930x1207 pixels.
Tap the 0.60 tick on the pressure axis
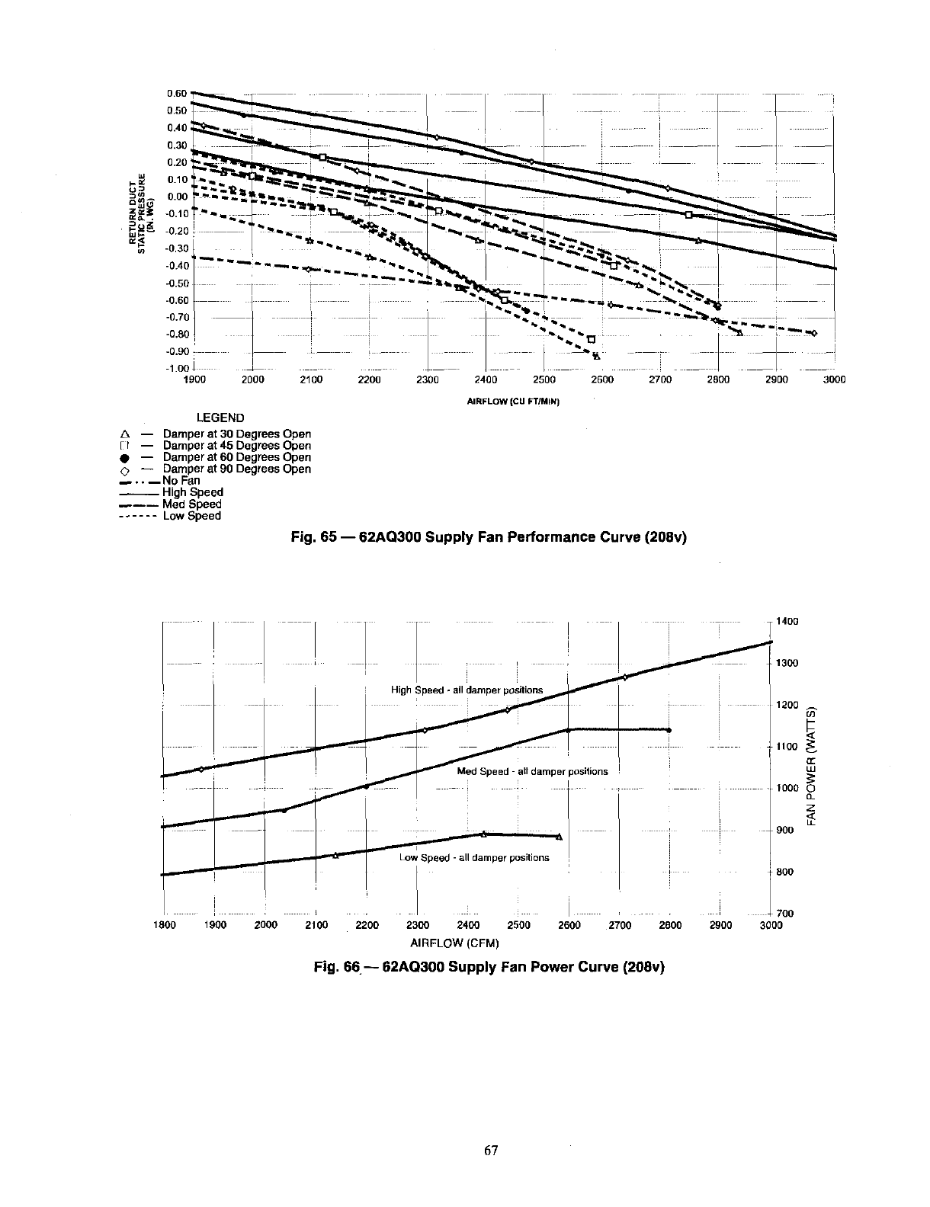[177, 94]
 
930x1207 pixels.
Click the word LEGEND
[220, 418]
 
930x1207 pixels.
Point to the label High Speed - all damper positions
[467, 690]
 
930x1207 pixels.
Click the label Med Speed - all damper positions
[532, 771]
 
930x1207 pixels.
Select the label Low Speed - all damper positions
[473, 857]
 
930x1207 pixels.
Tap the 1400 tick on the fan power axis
[787, 622]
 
